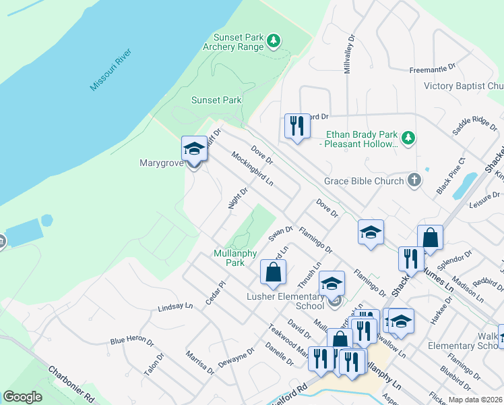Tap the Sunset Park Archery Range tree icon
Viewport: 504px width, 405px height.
274,42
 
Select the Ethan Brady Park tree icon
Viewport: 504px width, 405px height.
408,138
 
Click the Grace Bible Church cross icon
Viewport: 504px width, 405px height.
414,180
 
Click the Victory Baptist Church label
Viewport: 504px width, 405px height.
464,86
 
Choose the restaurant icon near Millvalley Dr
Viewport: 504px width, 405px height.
296,125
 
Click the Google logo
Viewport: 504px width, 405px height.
22,396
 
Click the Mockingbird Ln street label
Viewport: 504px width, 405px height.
252,169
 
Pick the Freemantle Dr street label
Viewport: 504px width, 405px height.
433,69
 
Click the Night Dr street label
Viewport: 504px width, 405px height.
239,198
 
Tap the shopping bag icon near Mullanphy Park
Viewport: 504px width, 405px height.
273,272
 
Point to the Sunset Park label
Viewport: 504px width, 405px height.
216,100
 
